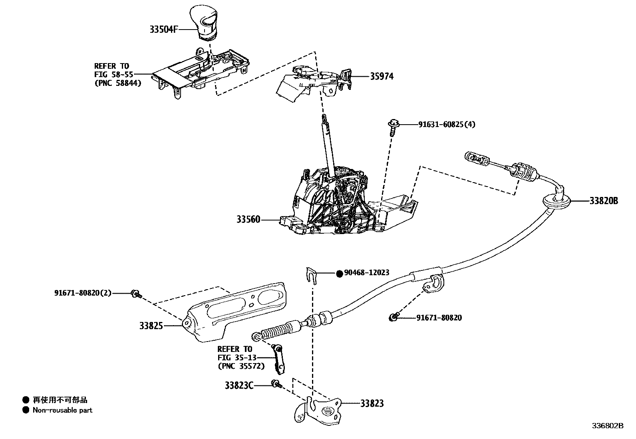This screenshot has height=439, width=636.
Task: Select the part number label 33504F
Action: tap(163, 29)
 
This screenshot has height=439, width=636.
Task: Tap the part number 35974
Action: tap(381, 76)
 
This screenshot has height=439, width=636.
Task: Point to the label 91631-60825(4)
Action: tap(447, 125)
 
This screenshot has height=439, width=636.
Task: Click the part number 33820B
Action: tap(603, 201)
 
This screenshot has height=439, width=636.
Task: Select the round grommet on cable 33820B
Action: tap(556, 201)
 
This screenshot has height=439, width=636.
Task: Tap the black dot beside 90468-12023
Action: tap(339, 273)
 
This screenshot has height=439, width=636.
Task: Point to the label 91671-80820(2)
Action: tap(83, 293)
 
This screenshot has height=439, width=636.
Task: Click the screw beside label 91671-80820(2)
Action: tap(135, 294)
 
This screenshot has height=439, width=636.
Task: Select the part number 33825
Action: tap(151, 326)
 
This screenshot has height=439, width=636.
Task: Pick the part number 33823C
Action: tap(239, 385)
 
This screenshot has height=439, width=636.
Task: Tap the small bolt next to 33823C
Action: tap(276, 384)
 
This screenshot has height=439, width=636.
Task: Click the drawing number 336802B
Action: tap(607, 426)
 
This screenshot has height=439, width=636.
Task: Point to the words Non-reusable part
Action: tap(62, 410)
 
